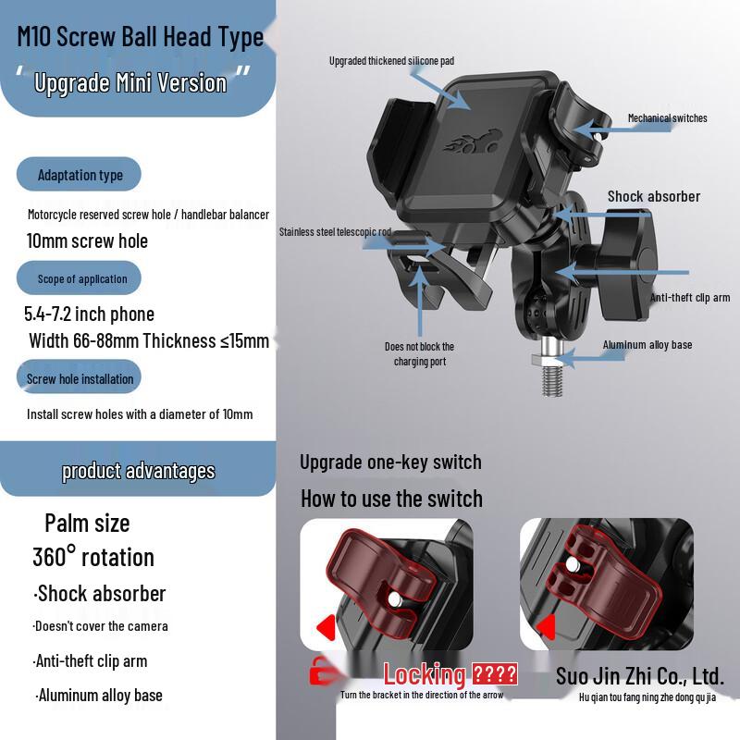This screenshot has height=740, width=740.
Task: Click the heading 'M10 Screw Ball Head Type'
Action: click(x=141, y=37)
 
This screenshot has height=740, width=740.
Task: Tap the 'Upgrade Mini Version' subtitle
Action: click(x=130, y=82)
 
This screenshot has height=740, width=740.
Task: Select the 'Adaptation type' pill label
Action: click(x=80, y=175)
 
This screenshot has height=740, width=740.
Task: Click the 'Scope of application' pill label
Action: click(x=82, y=278)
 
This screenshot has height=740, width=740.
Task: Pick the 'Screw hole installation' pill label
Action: click(x=80, y=378)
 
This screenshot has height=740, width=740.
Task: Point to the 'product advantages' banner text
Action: click(x=139, y=471)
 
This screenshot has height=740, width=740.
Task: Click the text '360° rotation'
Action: click(x=93, y=557)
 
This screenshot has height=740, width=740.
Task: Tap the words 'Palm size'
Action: click(x=87, y=523)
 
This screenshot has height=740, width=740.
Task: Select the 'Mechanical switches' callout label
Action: click(x=667, y=118)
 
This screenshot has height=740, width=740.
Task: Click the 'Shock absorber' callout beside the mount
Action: click(x=653, y=196)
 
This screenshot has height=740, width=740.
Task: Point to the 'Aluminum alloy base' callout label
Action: click(x=647, y=345)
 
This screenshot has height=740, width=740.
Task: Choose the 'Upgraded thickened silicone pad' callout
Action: click(x=391, y=61)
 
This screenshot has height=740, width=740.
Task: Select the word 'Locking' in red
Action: click(x=425, y=674)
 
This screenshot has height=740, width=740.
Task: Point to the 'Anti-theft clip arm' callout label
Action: click(x=690, y=298)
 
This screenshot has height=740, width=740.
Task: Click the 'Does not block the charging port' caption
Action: click(x=420, y=353)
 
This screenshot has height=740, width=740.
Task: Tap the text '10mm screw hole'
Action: click(x=87, y=241)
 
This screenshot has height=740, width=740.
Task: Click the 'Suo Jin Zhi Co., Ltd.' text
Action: click(x=639, y=676)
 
